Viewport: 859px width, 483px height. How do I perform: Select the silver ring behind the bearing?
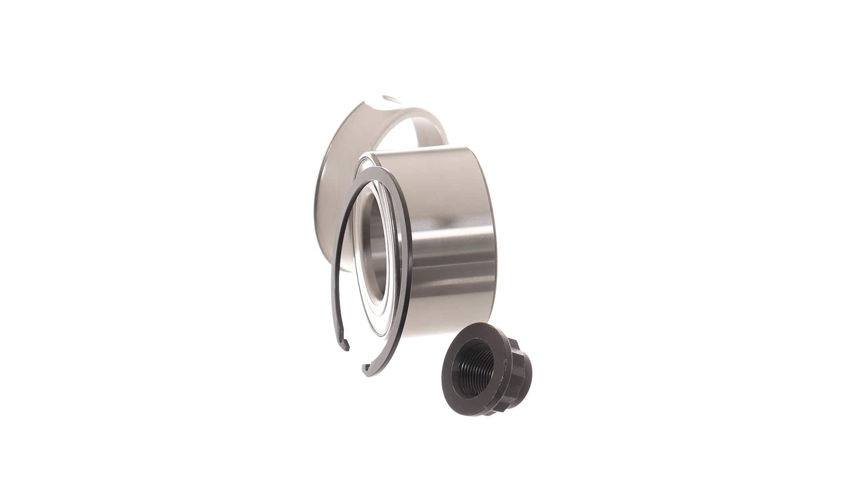pos(340,134)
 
